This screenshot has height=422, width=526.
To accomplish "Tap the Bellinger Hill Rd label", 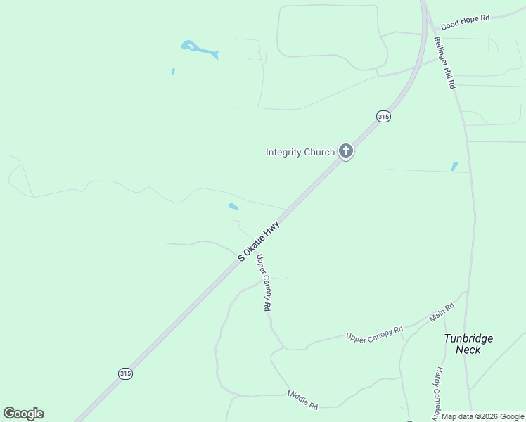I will [x=445, y=62].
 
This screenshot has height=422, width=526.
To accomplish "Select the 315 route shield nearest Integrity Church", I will [x=383, y=116].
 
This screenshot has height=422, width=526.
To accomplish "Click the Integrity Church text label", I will [x=300, y=152].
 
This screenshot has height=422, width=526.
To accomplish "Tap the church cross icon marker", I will [x=345, y=151].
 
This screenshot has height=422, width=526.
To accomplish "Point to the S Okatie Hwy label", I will [x=259, y=241].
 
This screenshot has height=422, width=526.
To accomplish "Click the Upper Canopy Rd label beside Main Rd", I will [x=374, y=333].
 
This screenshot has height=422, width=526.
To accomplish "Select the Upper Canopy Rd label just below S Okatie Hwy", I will [x=264, y=283].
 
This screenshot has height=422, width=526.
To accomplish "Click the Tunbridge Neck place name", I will [x=468, y=343].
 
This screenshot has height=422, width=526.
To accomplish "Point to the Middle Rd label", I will [x=303, y=401].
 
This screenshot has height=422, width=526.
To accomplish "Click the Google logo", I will [x=23, y=414].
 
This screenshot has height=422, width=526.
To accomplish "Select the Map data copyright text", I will [x=482, y=416].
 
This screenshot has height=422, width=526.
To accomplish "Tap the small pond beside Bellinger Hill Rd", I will [x=454, y=167].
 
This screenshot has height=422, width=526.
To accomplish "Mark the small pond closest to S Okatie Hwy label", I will [x=233, y=206].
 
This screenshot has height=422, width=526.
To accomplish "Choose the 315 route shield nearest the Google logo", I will [x=125, y=373].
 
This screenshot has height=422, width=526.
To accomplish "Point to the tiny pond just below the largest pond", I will [x=173, y=71].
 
